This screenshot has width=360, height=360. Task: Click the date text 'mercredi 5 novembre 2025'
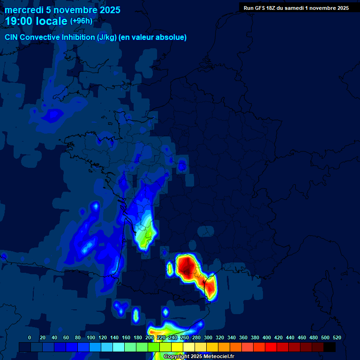pos(62,10)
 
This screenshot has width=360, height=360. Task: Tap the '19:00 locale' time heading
pos(37,22)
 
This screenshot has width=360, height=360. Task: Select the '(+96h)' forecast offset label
pos(81,21)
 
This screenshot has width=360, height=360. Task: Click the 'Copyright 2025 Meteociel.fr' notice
pos(199,356)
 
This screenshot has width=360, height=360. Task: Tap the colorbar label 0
pos(30,337)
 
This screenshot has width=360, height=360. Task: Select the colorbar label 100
pos(78,337)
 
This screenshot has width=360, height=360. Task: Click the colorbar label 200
pos(149,337)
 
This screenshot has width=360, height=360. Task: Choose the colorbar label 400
pos(267,337)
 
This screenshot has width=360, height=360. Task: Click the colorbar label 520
pos(337,337)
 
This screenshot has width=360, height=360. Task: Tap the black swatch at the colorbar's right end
pos(330,347)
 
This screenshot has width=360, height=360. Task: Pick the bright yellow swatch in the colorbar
pos(177,347)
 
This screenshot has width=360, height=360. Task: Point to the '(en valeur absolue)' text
pos(153,37)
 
